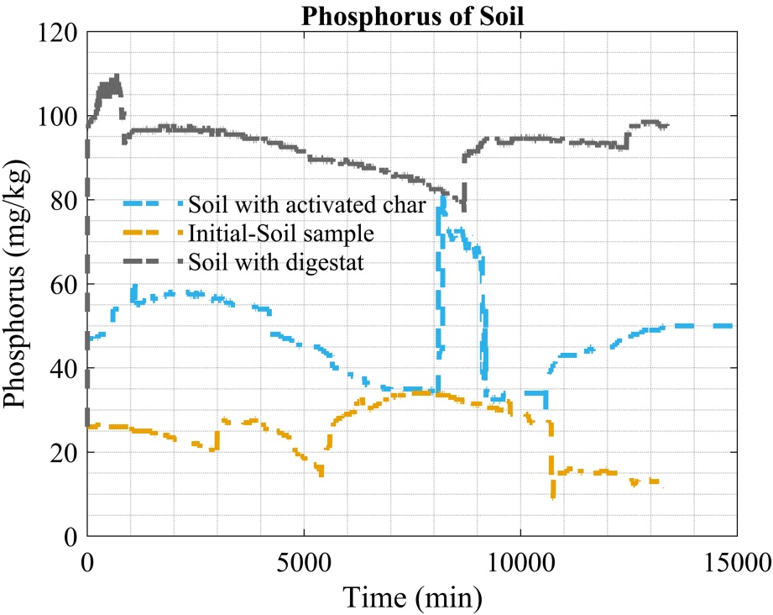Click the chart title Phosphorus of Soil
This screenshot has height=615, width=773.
point(412,16)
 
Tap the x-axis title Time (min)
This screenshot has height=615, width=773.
point(412,597)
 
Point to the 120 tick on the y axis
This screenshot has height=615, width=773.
point(58,33)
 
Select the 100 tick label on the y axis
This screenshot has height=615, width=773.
point(58,117)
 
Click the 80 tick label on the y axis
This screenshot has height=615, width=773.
point(64,201)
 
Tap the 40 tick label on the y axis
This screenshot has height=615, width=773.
point(64,369)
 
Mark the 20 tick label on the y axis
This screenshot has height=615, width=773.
point(64,453)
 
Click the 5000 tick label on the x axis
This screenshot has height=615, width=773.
point(304,562)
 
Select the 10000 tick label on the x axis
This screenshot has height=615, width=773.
point(520,562)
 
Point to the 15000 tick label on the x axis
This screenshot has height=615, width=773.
point(738,562)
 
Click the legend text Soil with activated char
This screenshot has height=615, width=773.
point(307,205)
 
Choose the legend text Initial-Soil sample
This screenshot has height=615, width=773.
point(281,234)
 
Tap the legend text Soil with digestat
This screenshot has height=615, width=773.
point(276,261)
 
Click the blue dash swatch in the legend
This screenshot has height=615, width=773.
point(154,203)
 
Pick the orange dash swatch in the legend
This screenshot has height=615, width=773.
point(154,232)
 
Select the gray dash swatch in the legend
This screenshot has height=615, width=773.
point(154,260)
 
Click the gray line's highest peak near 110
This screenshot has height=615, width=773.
point(117,76)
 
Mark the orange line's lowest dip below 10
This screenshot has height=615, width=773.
point(553,498)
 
